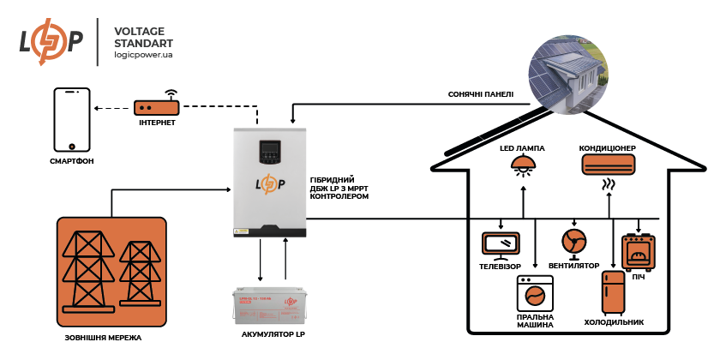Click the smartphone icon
(x=73, y=118)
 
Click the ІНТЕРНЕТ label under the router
(x=156, y=123)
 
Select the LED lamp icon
(x=523, y=166)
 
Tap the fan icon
(x=573, y=240)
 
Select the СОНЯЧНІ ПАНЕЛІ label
(x=480, y=94)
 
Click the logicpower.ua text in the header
(x=143, y=54)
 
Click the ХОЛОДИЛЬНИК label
(x=613, y=323)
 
